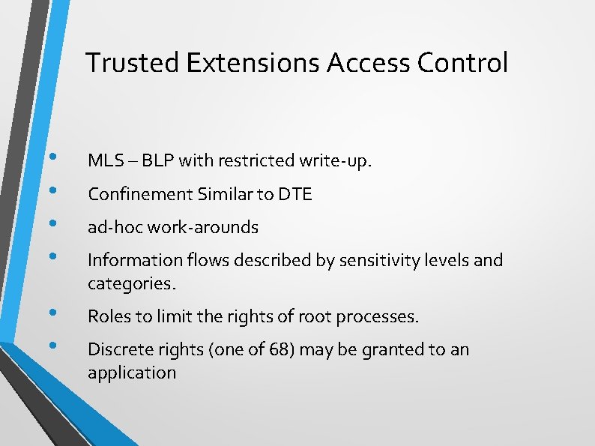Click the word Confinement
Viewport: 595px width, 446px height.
coord(140,194)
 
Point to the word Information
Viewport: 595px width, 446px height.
coord(130,260)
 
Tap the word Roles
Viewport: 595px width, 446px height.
coord(108,316)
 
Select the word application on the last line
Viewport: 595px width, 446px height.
coord(132,373)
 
